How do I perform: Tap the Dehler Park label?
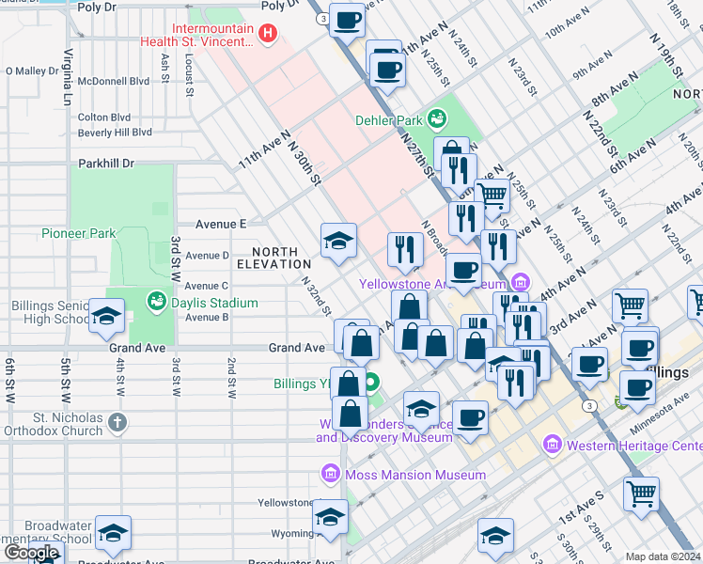tap(390, 119)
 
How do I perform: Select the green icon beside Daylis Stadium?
tap(157, 302)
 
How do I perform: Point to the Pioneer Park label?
tap(78, 233)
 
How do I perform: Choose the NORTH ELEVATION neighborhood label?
tap(274, 258)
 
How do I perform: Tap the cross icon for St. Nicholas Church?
tap(117, 421)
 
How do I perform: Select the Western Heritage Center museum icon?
tap(552, 444)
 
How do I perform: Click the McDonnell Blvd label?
tap(114, 82)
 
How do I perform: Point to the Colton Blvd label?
tap(104, 117)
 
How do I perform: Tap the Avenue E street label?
tap(221, 225)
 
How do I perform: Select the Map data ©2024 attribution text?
tap(664, 556)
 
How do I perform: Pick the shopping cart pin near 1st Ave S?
tap(641, 491)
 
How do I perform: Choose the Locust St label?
tap(189, 75)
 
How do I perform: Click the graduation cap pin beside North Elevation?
tap(338, 241)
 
